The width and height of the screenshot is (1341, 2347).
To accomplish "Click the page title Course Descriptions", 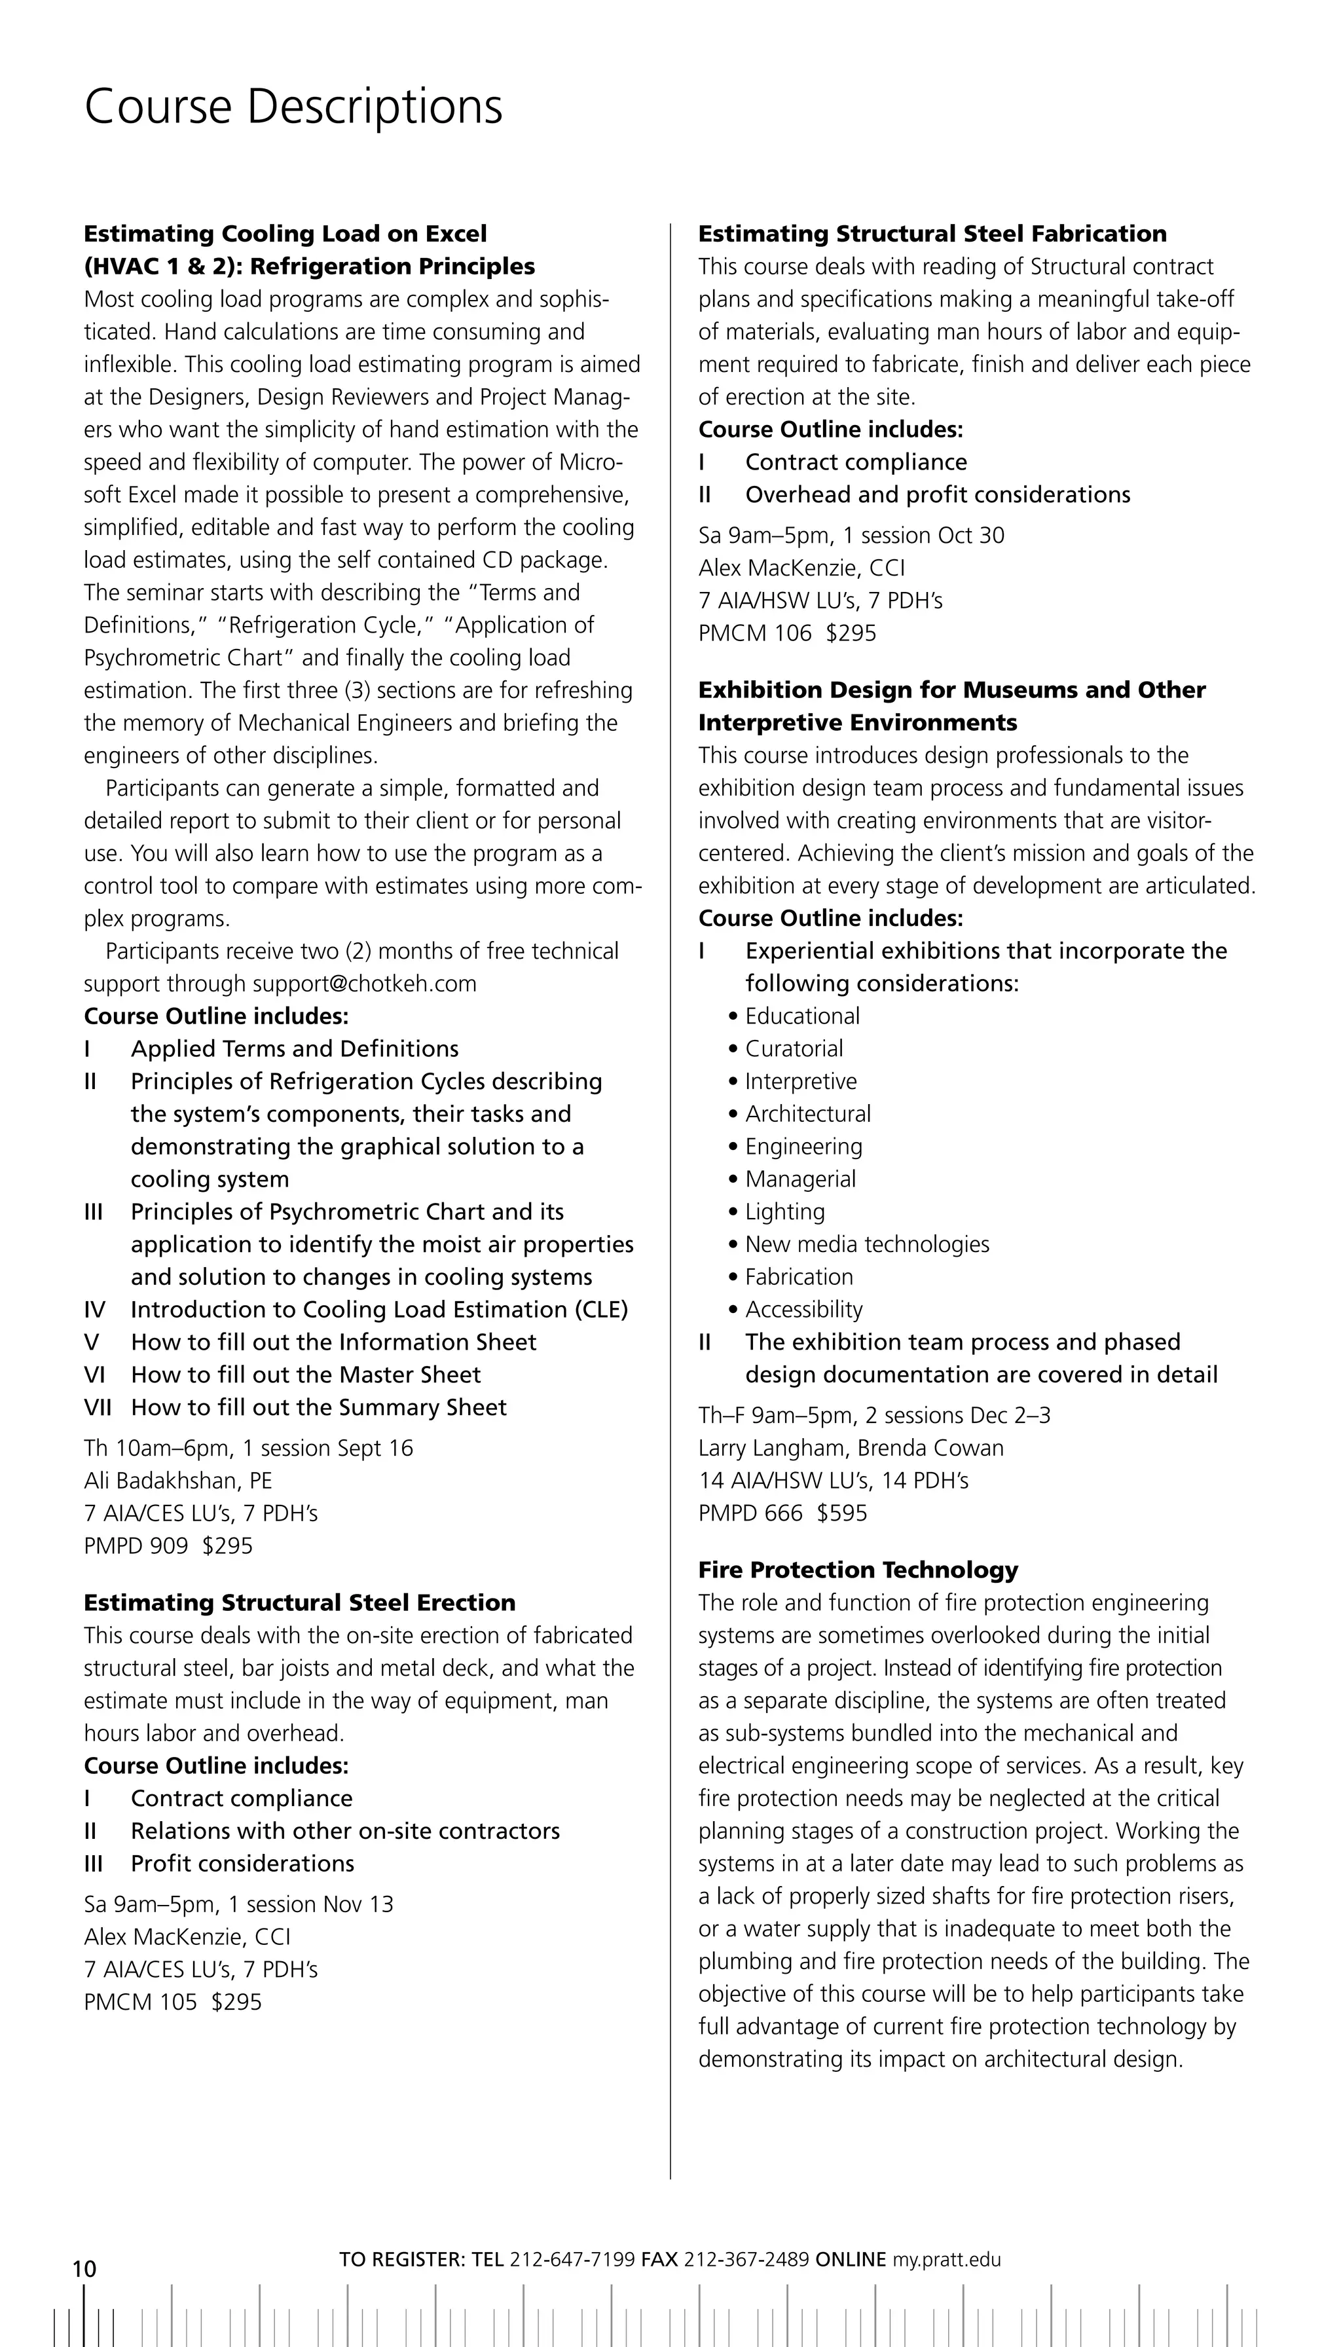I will pos(293,107).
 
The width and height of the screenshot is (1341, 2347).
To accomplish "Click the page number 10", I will pos(84,2268).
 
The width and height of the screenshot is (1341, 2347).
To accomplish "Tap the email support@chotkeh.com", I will pos(365,984).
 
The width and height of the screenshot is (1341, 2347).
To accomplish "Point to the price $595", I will pos(842,1513).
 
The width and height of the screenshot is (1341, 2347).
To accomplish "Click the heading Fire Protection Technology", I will pos(858,1570).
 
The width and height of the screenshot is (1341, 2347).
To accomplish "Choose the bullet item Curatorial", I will pos(794,1048).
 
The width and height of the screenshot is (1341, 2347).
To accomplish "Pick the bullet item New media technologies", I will pos(867,1244).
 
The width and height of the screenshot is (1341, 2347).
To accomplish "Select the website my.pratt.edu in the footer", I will pos(946,2259).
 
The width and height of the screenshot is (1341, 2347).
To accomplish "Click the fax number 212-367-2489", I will pos(746,2259).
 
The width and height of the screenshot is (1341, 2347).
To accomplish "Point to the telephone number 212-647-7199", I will pos(572,2259).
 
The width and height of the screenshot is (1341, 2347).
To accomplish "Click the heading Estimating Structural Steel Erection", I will pos(299,1602).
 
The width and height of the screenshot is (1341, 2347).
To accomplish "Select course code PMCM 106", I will pos(754,633).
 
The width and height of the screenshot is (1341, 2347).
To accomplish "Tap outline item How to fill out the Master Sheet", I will pos(306,1375).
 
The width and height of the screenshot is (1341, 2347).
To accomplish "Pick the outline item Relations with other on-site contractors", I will pos(344,1830).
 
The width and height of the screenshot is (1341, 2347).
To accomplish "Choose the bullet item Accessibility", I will pos(803,1309).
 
